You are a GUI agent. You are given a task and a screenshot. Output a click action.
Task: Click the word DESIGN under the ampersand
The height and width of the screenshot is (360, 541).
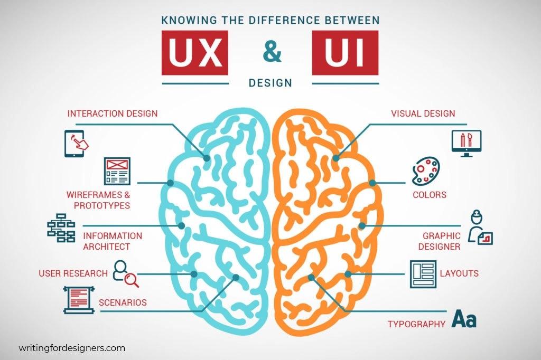(270, 83)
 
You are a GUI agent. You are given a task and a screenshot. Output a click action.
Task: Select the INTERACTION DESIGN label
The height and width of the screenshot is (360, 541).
(113, 113)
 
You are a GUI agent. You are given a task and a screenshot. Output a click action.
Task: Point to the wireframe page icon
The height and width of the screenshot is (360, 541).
(117, 170)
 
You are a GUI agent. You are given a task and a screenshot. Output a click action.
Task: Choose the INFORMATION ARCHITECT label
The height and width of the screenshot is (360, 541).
(113, 241)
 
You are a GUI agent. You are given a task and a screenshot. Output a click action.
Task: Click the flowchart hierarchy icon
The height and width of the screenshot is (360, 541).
(62, 229)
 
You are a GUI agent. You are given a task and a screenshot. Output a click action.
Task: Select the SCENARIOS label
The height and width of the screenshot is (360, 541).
(123, 303)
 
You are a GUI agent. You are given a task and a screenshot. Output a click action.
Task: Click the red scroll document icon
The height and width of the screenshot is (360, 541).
(79, 299)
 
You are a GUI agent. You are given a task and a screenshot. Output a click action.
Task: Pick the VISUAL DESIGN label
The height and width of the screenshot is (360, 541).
(423, 113)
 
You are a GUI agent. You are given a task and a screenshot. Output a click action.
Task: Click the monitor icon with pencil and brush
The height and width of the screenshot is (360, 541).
(467, 143)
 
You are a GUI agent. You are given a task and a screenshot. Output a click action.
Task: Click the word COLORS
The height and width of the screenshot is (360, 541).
(429, 195)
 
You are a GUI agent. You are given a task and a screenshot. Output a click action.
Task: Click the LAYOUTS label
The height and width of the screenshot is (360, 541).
(459, 273)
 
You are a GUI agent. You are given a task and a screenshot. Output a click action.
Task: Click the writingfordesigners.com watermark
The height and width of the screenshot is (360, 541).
(72, 348)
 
